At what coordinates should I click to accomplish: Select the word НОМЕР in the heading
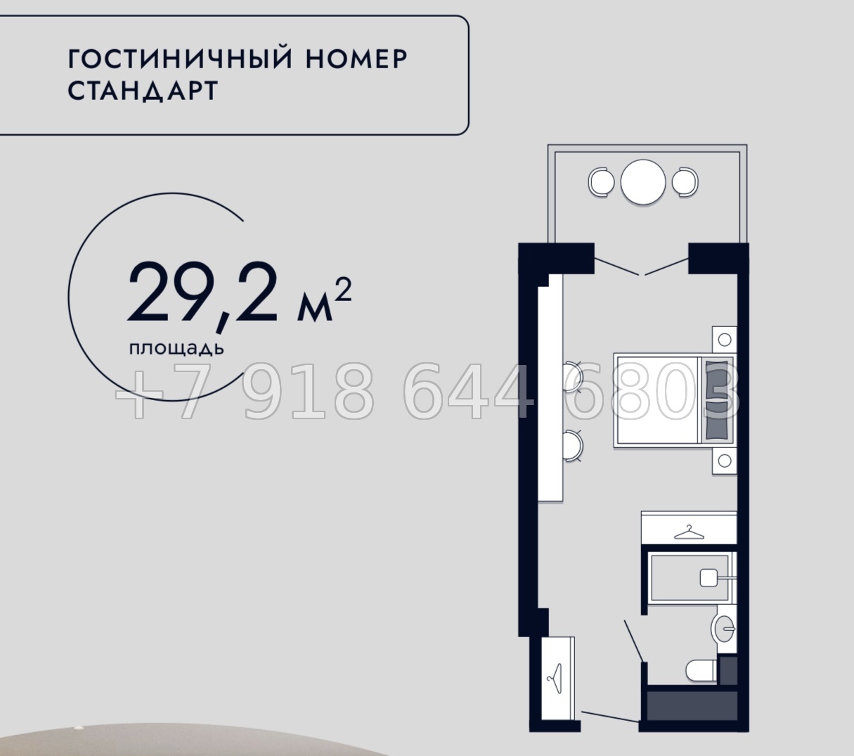(x=356, y=59)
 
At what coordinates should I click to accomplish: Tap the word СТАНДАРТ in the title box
(x=143, y=92)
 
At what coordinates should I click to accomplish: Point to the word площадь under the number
(x=176, y=348)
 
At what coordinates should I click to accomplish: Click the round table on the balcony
(x=642, y=183)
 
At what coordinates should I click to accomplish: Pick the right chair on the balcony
(x=685, y=183)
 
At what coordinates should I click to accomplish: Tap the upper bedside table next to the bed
(x=725, y=340)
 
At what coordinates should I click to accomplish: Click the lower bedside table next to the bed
(x=725, y=461)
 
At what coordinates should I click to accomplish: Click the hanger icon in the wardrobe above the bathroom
(x=689, y=533)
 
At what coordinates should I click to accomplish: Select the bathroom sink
(x=723, y=628)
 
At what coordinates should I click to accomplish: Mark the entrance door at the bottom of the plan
(x=609, y=717)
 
